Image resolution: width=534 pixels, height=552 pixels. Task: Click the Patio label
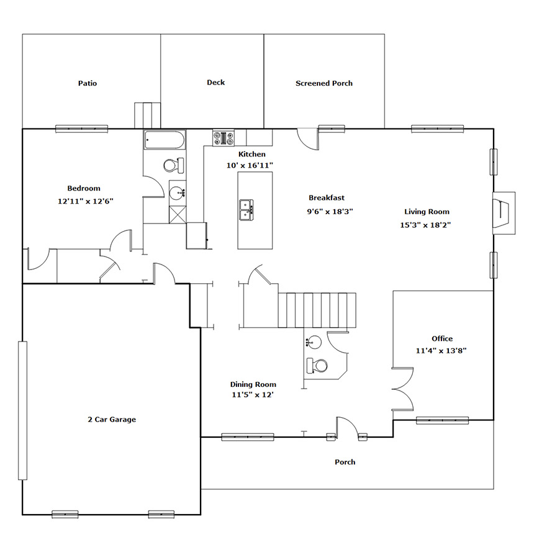tap(88, 83)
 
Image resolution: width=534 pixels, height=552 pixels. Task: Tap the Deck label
tap(216, 83)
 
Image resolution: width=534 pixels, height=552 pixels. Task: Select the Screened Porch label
tap(324, 83)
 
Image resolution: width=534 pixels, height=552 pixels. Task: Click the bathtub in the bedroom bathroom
tap(165, 140)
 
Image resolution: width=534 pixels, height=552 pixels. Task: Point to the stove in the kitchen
tap(224, 138)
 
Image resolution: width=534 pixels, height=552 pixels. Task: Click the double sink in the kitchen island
tap(247, 210)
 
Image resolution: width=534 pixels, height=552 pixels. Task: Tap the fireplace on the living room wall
tap(504, 213)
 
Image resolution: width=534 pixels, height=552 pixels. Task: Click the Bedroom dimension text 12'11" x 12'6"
tap(86, 201)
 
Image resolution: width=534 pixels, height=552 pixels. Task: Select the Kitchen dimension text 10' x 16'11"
tap(250, 165)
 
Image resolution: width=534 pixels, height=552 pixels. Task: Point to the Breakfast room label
tap(327, 198)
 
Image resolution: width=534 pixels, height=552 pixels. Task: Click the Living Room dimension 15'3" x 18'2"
tap(425, 225)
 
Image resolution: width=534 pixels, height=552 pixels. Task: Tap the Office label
tap(442, 338)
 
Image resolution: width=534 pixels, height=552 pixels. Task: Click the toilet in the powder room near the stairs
tap(317, 366)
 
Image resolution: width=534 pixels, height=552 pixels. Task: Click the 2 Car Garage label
tap(112, 419)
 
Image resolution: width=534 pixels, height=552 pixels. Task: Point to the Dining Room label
tap(253, 384)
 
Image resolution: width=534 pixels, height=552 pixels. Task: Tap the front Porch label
tap(345, 462)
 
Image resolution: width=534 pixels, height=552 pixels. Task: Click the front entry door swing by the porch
tap(347, 427)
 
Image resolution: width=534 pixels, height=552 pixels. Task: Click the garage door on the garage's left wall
tap(22, 410)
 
